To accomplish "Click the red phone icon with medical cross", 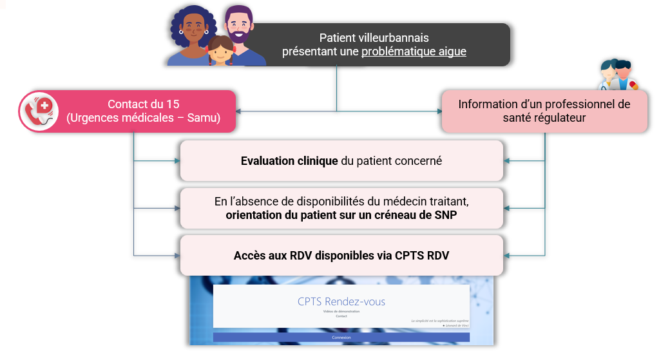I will coord(39,111).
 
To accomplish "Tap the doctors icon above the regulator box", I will coord(617,75).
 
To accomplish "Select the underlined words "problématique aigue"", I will coord(414,52).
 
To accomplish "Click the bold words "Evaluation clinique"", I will coord(289,161).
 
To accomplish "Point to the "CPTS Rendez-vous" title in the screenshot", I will coord(341,301).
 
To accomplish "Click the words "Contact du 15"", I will coord(143,104).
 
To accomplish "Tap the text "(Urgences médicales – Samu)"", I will coord(143,118).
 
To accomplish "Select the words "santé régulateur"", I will coord(544,118).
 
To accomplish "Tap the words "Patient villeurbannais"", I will coord(374,38).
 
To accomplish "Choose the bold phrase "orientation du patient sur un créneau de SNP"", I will coord(341,215).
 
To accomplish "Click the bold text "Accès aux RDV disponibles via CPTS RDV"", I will coord(341,256).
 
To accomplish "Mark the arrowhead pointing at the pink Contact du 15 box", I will coord(240,111).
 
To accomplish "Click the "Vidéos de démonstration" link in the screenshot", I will coord(341,311).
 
